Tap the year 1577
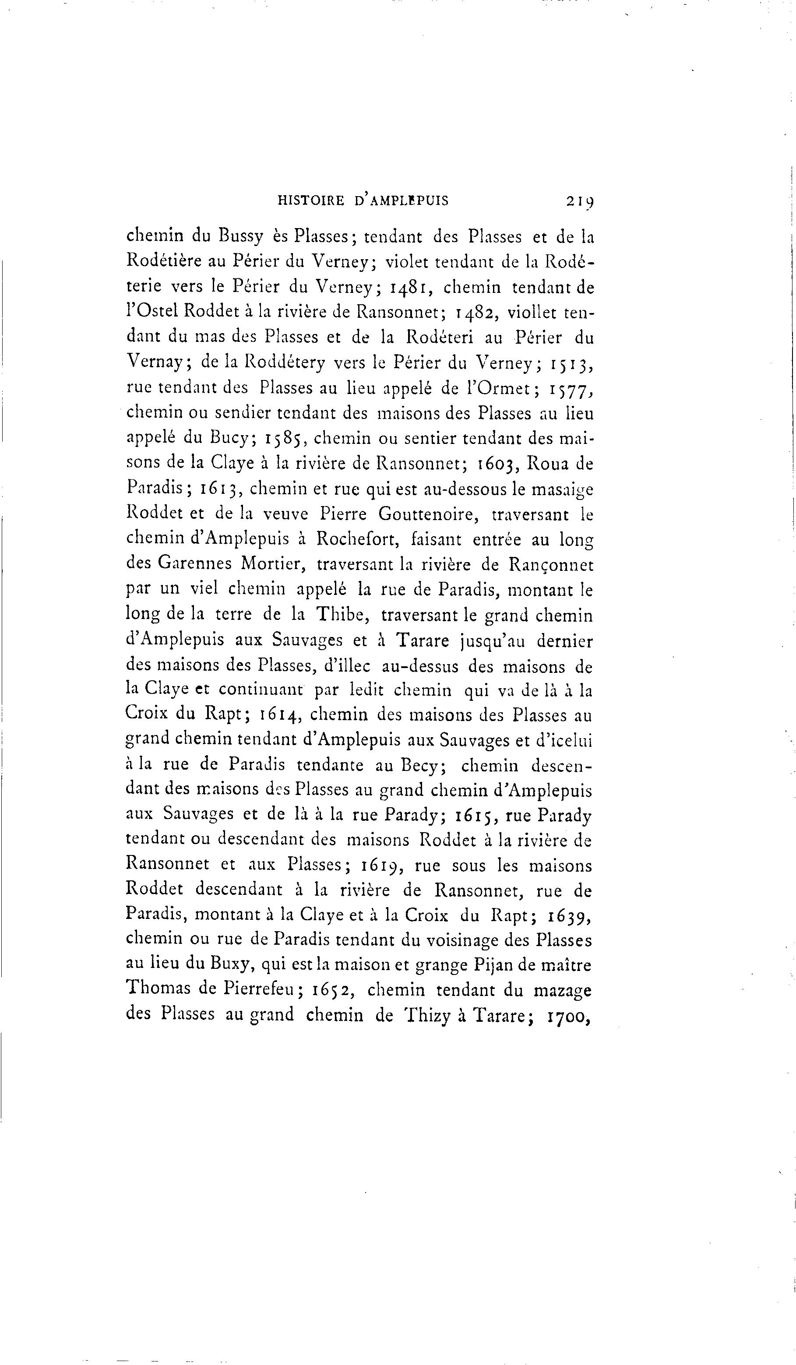coord(571,389)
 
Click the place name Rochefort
coord(359,539)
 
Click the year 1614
coord(278,715)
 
